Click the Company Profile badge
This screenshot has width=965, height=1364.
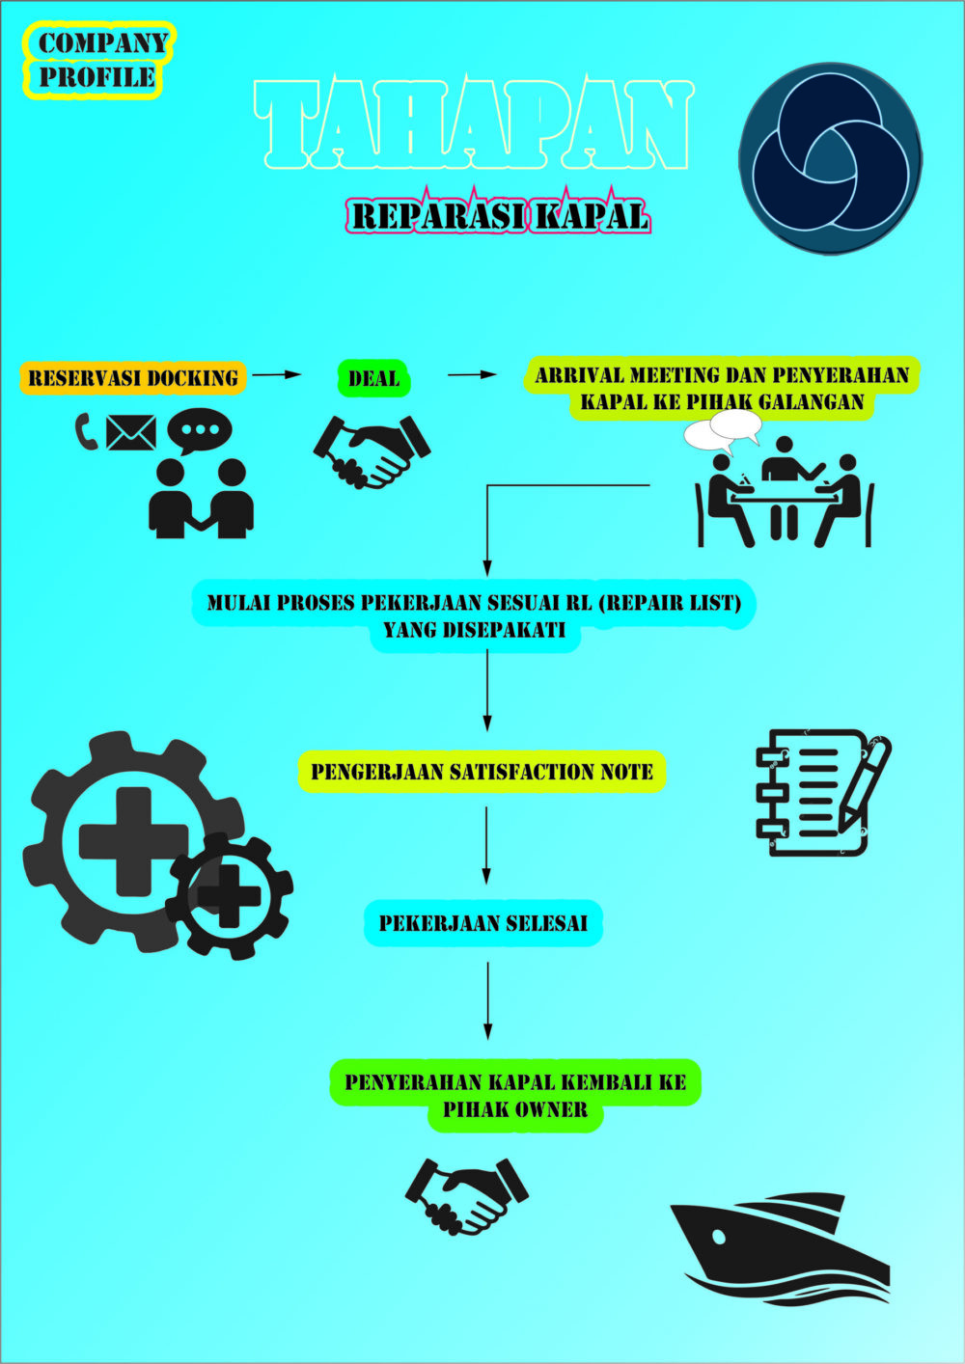tap(98, 60)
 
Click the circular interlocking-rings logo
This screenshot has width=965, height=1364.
tap(830, 158)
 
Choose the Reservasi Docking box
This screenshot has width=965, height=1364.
tap(133, 377)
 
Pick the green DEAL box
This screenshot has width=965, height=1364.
tap(373, 378)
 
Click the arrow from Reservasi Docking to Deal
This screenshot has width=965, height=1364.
tap(277, 374)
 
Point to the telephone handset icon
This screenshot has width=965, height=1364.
tap(86, 431)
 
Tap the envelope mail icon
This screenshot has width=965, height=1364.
tap(130, 432)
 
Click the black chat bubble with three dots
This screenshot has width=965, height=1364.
tap(199, 430)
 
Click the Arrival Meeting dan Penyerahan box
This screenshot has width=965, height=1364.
tap(722, 388)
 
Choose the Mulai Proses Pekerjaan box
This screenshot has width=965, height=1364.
tap(473, 615)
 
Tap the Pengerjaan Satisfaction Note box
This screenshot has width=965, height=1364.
tap(482, 772)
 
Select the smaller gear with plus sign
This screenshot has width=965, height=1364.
tap(230, 895)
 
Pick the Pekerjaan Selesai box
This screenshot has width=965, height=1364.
tap(482, 923)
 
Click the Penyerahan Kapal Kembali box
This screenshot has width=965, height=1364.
tap(515, 1095)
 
